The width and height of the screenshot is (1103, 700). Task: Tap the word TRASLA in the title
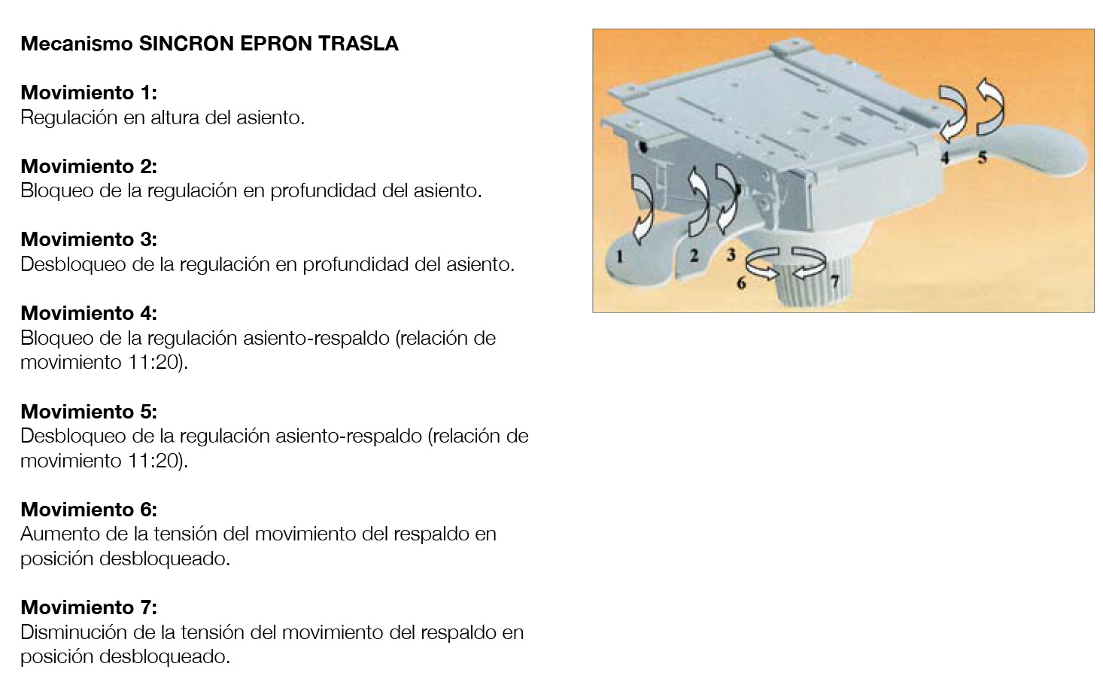pyautogui.click(x=358, y=44)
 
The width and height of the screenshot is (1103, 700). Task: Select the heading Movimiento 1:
pyautogui.click(x=89, y=93)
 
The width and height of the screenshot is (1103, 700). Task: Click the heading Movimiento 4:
pyautogui.click(x=89, y=313)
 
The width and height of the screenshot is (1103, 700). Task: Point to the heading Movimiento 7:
pyautogui.click(x=89, y=607)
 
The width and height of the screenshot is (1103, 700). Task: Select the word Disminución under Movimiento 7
pyautogui.click(x=74, y=632)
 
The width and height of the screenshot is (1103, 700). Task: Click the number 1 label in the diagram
pyautogui.click(x=620, y=256)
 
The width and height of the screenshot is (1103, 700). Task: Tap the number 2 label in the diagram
pyautogui.click(x=694, y=255)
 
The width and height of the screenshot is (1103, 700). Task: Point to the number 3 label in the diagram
pyautogui.click(x=731, y=254)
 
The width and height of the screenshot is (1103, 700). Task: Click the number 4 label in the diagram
pyautogui.click(x=944, y=157)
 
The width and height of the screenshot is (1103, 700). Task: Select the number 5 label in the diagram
pyautogui.click(x=982, y=157)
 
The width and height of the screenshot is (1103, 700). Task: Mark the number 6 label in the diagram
pyautogui.click(x=741, y=283)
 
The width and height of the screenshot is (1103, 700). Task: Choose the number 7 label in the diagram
pyautogui.click(x=834, y=282)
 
